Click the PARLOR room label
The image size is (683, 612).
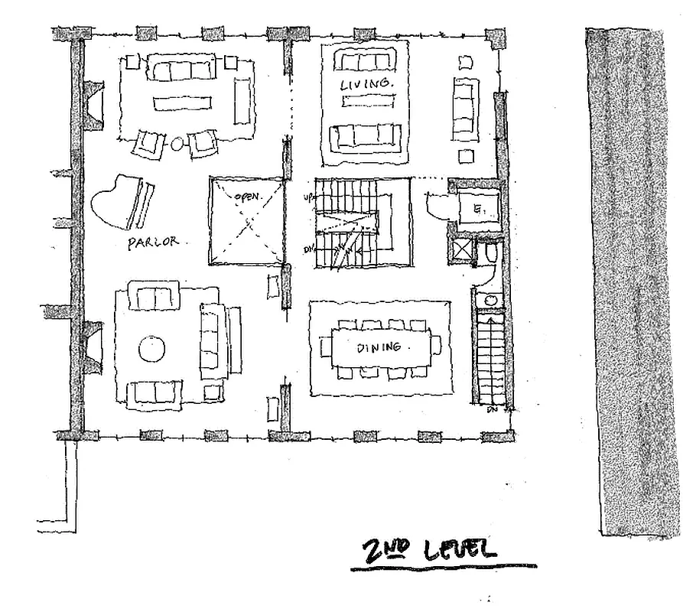[x=154, y=243]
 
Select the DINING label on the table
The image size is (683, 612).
[x=379, y=348]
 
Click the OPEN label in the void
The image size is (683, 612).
[x=248, y=197]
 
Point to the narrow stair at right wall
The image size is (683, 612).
[x=486, y=356]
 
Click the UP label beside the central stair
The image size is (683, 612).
[x=308, y=197]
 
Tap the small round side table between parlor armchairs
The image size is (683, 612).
[x=177, y=142]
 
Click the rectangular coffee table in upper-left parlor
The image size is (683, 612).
[x=181, y=103]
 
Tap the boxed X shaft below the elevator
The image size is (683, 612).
[x=462, y=251]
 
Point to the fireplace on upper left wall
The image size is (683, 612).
[x=93, y=105]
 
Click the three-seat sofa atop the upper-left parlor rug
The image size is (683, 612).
[x=181, y=70]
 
